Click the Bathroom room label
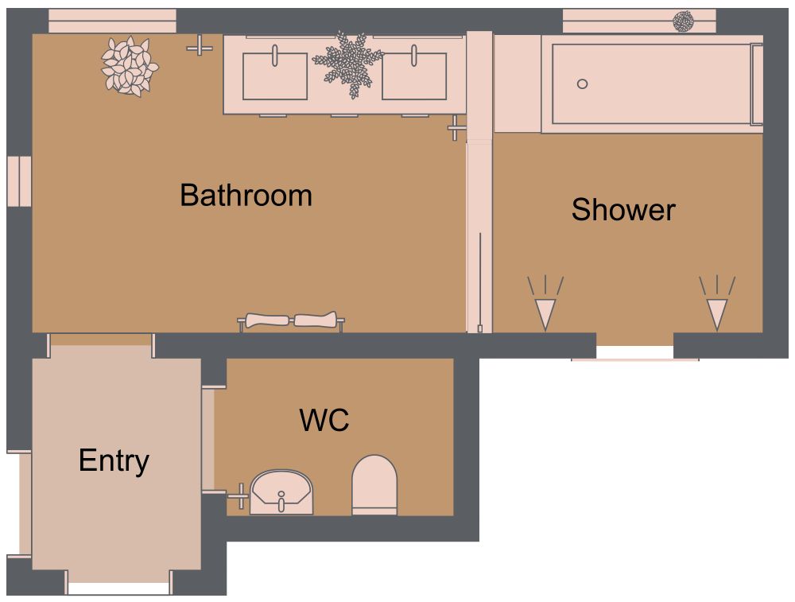[246, 195]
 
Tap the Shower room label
[623, 210]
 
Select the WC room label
[324, 420]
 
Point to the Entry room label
[114, 460]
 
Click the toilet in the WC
[374, 484]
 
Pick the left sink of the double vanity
[274, 76]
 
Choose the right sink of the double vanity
[413, 76]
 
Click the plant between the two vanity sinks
[347, 62]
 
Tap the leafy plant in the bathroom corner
[130, 66]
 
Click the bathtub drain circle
[582, 84]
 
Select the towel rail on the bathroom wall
[292, 321]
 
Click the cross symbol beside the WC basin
[238, 495]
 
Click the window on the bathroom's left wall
[19, 182]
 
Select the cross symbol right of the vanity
[456, 127]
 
